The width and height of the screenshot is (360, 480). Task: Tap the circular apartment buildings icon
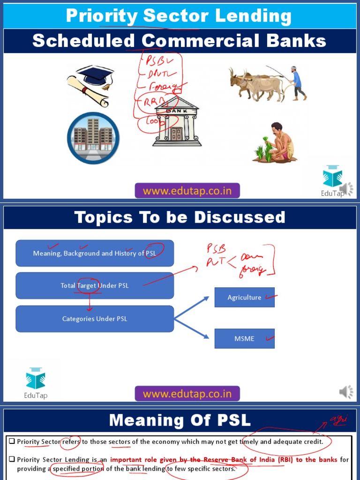pos(93,138)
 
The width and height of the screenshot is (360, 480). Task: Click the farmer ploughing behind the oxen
pos(297,83)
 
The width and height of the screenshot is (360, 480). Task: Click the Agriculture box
pos(244,297)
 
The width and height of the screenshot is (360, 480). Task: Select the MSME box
pos(244,338)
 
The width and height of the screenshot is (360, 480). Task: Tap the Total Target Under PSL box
pos(95,285)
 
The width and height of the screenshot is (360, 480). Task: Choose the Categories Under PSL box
pos(95,319)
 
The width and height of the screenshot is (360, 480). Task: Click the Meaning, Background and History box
pos(95,253)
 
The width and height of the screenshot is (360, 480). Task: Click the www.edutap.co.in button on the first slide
pos(187,191)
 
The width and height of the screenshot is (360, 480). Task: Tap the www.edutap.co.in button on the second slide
pos(187,394)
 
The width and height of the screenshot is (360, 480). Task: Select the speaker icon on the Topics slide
pos(346,392)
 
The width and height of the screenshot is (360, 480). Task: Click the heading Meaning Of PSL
pos(180,420)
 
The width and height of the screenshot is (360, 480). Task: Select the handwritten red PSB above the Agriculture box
pos(217,249)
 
